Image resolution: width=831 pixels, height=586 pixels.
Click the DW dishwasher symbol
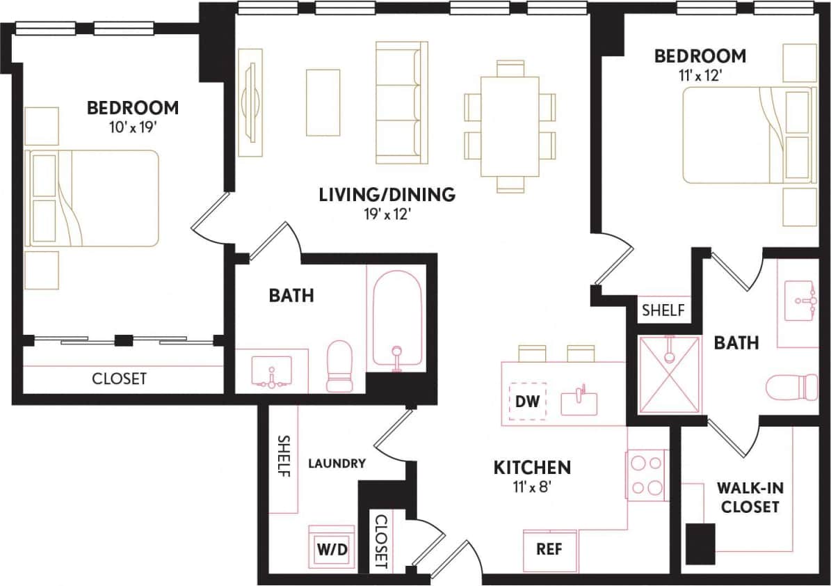[528, 402]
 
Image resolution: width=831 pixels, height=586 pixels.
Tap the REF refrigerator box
[550, 548]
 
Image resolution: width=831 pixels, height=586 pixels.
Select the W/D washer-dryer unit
[332, 548]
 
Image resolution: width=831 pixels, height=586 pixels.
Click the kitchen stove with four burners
[647, 475]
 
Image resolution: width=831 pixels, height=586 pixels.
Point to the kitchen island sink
[579, 402]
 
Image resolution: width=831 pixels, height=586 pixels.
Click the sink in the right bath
[801, 301]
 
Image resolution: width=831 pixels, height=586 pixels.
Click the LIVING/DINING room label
[387, 195]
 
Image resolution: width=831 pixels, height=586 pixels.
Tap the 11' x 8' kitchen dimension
[532, 485]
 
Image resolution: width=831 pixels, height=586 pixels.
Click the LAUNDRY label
[337, 464]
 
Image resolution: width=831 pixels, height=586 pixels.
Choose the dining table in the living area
[510, 125]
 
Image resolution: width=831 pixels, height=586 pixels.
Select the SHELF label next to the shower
[663, 310]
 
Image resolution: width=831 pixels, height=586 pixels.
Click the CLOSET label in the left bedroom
[120, 379]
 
